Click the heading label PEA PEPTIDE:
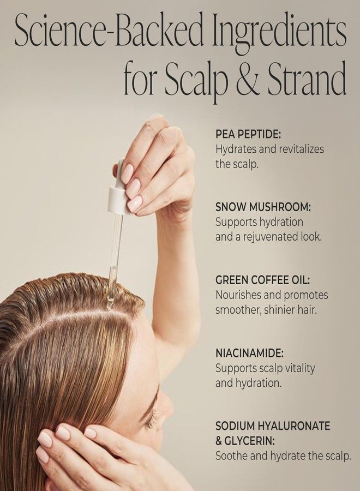pyautogui.click(x=248, y=134)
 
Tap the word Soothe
pyautogui.click(x=232, y=456)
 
